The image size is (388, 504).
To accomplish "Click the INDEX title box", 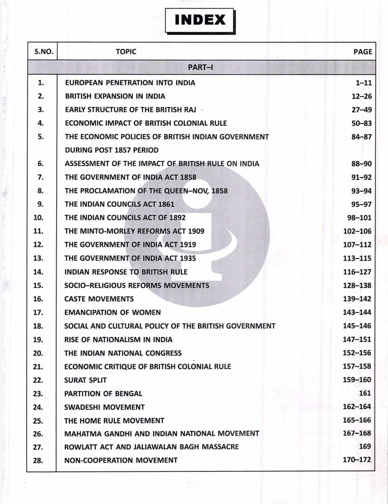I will click(x=200, y=20).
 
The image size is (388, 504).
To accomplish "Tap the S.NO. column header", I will click(x=44, y=51).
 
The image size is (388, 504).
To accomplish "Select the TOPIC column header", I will click(x=126, y=51).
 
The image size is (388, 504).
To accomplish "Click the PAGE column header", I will click(x=363, y=52).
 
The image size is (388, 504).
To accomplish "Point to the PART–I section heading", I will click(x=201, y=67).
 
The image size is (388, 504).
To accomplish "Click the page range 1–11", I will click(x=364, y=83).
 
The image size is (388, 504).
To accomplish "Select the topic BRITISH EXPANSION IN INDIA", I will click(x=115, y=96).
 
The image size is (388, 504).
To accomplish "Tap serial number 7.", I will click(x=41, y=177).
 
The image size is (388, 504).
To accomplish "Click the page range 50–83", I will click(x=362, y=123).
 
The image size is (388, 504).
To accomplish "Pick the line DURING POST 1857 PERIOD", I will click(x=112, y=150).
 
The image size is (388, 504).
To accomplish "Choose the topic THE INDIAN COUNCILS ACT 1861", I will click(x=119, y=204).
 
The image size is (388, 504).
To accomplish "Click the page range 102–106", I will click(x=357, y=231).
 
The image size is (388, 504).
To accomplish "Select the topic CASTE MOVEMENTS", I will click(x=99, y=299).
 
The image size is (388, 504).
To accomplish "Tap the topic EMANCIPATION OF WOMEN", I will click(x=112, y=312).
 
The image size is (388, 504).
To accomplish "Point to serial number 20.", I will click(x=38, y=353).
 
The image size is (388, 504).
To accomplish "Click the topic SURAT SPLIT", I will click(x=86, y=380).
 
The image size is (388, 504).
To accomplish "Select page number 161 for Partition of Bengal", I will click(x=365, y=393).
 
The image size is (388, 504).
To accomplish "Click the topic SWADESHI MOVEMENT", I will click(x=104, y=407).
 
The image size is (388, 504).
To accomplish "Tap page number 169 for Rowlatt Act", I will click(x=365, y=446).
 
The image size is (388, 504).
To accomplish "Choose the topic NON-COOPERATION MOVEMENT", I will click(x=121, y=460).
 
